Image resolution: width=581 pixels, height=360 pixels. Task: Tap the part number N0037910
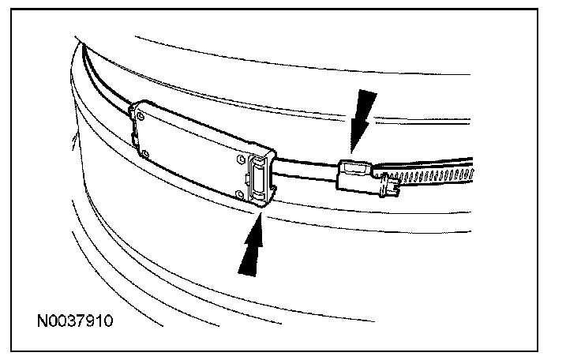click(x=79, y=322)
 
